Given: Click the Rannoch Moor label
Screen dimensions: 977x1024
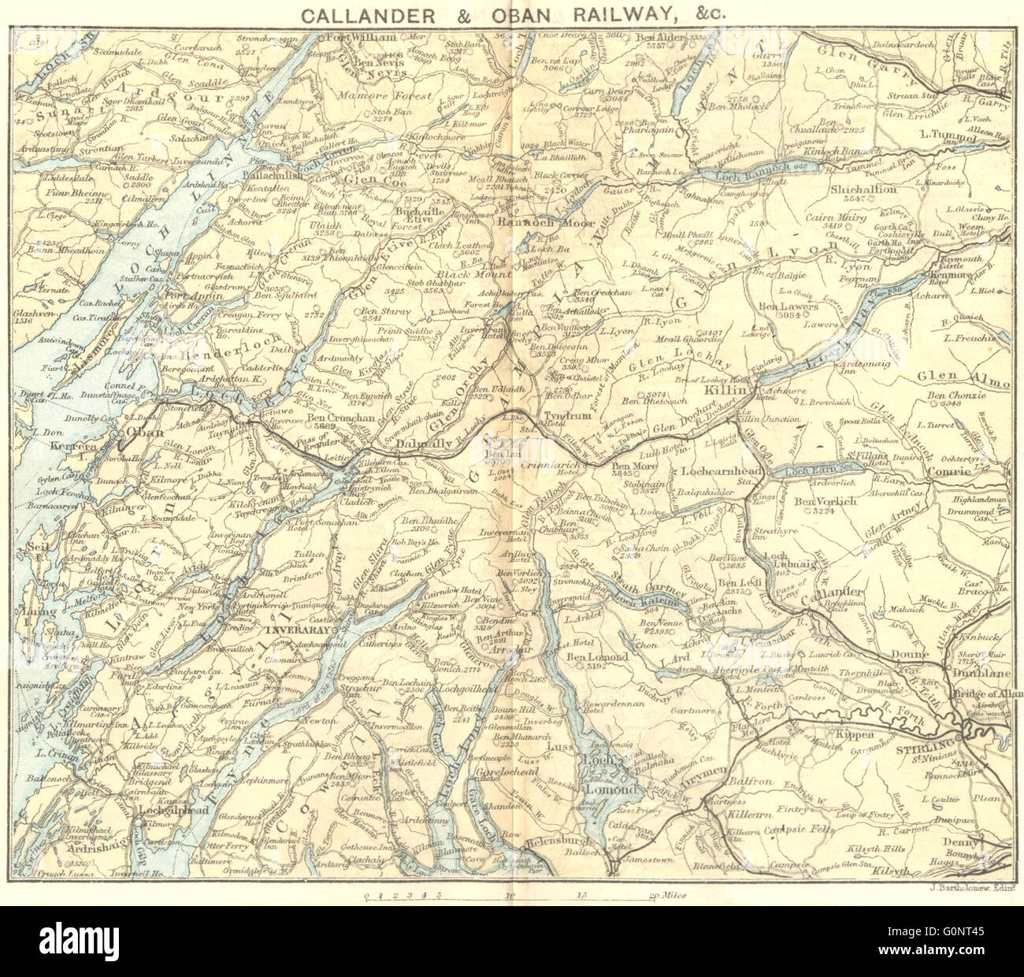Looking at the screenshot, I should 548,222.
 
